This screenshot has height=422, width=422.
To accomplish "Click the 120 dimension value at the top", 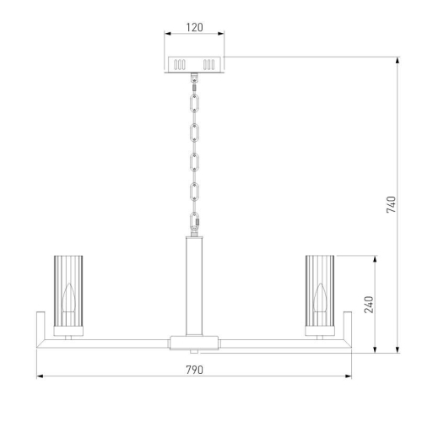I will pos(194,27).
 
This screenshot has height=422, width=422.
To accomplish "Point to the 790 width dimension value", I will pos(194,370).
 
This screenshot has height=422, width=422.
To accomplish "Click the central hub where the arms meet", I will pos(194,342).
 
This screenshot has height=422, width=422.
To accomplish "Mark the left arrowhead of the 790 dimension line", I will pos(38,377).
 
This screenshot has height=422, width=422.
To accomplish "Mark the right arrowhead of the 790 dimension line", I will pos(350,377).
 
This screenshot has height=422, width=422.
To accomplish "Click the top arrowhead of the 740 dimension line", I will pos(398,60).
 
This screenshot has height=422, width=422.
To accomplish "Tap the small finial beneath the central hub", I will pos(194,351).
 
